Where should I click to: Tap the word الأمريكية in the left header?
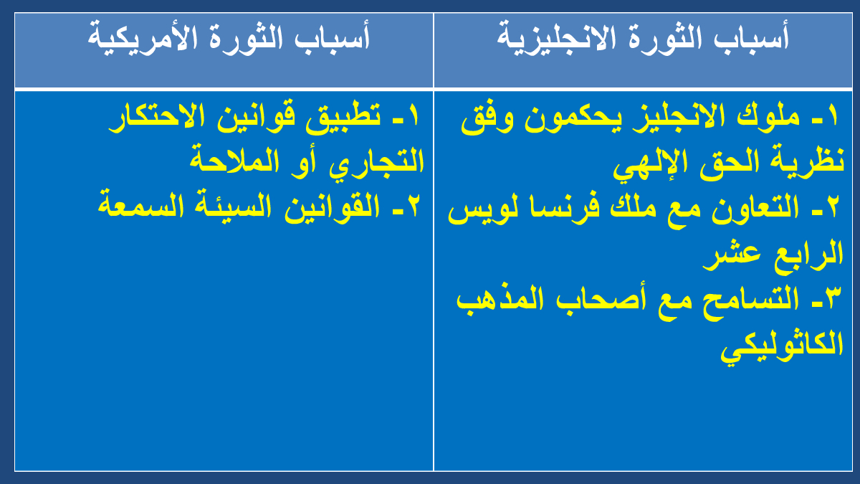(143, 39)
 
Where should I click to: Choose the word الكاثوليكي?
(782, 348)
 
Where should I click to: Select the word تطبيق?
(343, 117)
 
